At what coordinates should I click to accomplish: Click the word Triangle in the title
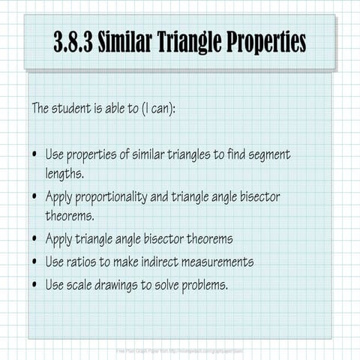(190, 42)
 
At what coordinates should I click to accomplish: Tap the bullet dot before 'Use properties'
(35, 156)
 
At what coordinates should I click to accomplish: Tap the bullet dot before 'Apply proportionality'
(35, 198)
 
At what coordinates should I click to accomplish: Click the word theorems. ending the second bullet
(70, 215)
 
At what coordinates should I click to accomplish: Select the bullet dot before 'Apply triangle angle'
(35, 240)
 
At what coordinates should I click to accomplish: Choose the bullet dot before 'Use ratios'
(35, 262)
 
